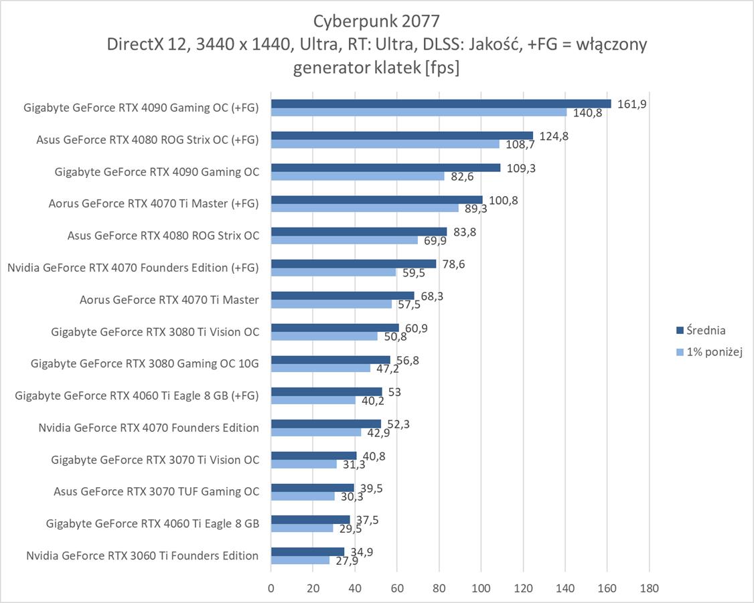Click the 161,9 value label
point(631,104)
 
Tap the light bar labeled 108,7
point(385,144)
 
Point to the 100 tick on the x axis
point(481,588)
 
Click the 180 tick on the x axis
point(649,588)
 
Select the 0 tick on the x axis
point(271,588)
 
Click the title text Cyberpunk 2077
point(376,19)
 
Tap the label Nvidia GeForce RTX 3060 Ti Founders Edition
point(142,555)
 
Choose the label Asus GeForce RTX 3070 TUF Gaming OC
point(156,491)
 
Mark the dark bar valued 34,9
point(307,551)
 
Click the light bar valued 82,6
point(358,176)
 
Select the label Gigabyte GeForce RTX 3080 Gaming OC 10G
point(145,363)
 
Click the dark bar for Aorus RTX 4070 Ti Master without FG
point(342,295)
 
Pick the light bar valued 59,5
point(333,272)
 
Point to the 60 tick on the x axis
point(396,588)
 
